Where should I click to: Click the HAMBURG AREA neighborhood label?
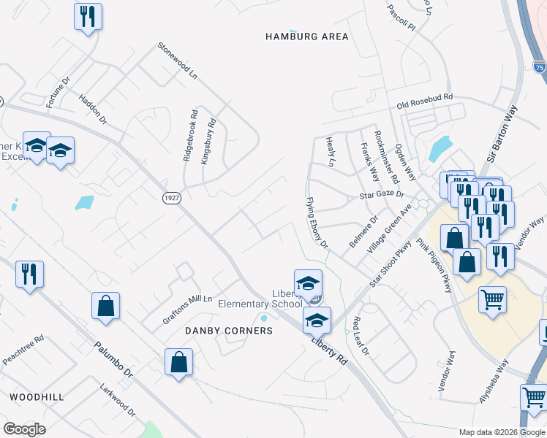point(306,36)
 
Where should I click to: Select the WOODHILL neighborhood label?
point(37,396)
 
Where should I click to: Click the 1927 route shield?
point(171,199)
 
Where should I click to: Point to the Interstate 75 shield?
point(539,67)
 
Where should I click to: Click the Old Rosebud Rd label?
point(425,100)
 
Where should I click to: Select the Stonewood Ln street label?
point(178,61)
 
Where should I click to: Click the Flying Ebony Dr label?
point(317,223)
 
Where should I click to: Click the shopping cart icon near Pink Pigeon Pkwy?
point(492,299)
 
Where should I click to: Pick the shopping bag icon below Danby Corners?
point(178,361)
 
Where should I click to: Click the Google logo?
point(24,429)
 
